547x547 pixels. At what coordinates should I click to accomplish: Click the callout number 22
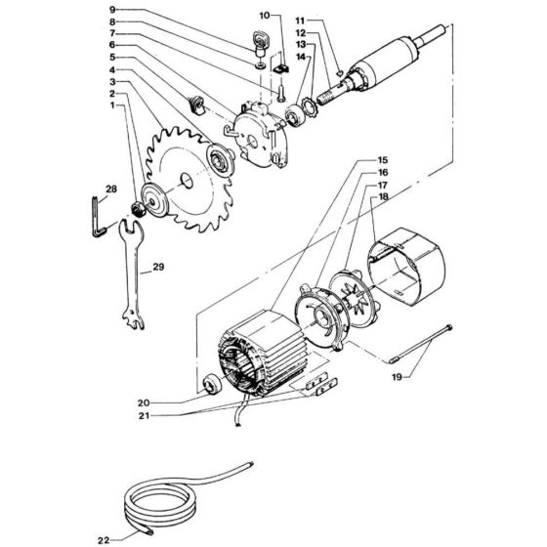click(x=104, y=540)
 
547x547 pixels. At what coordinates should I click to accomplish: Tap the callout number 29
click(x=158, y=268)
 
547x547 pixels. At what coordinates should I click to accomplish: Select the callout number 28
click(x=111, y=189)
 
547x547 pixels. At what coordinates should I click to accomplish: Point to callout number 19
click(x=398, y=377)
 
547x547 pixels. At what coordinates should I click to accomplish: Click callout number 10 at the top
click(x=265, y=16)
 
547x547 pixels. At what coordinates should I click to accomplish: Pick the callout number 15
click(x=383, y=160)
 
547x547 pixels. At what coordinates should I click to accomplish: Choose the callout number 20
click(x=144, y=402)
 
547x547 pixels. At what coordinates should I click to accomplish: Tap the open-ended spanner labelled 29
click(x=132, y=273)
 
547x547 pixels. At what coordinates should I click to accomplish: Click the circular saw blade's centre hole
click(x=187, y=181)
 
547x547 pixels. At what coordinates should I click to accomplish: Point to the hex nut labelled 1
click(x=138, y=209)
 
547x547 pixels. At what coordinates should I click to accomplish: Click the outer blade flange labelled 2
click(x=155, y=200)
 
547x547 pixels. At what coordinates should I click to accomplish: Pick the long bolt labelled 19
click(x=420, y=344)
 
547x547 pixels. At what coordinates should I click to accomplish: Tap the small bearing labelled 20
click(x=211, y=383)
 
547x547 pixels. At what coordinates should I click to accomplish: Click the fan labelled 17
click(x=353, y=298)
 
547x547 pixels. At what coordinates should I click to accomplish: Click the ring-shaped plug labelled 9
click(x=259, y=43)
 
